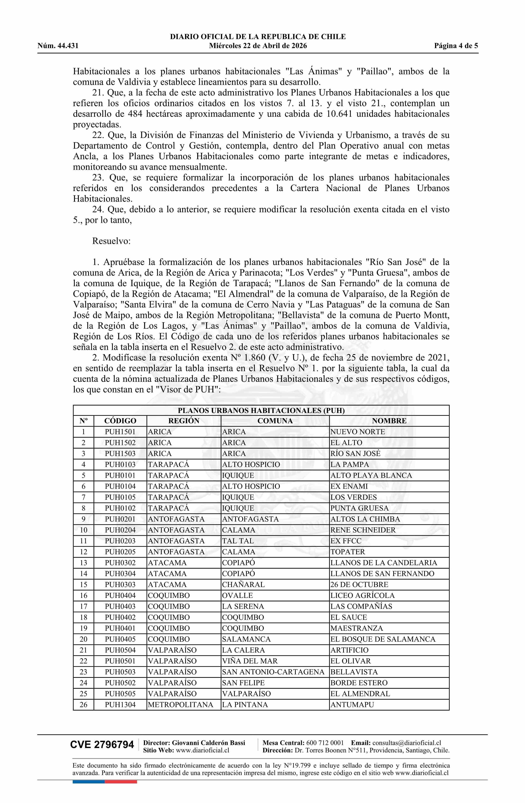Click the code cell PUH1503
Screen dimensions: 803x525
click(x=120, y=453)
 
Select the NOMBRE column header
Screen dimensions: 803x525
click(x=389, y=421)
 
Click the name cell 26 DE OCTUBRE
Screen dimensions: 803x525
click(x=359, y=584)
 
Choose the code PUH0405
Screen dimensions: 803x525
click(x=120, y=639)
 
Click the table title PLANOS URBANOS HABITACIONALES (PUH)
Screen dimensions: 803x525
click(x=261, y=410)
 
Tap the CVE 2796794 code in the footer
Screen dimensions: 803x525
click(x=102, y=754)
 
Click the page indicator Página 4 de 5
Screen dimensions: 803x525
click(x=456, y=46)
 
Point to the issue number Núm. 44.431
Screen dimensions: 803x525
click(x=58, y=46)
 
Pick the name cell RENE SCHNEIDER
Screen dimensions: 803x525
click(x=363, y=530)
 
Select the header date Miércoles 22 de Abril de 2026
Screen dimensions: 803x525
click(x=258, y=46)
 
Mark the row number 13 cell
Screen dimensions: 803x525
click(x=83, y=563)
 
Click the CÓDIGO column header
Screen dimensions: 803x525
click(x=120, y=421)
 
